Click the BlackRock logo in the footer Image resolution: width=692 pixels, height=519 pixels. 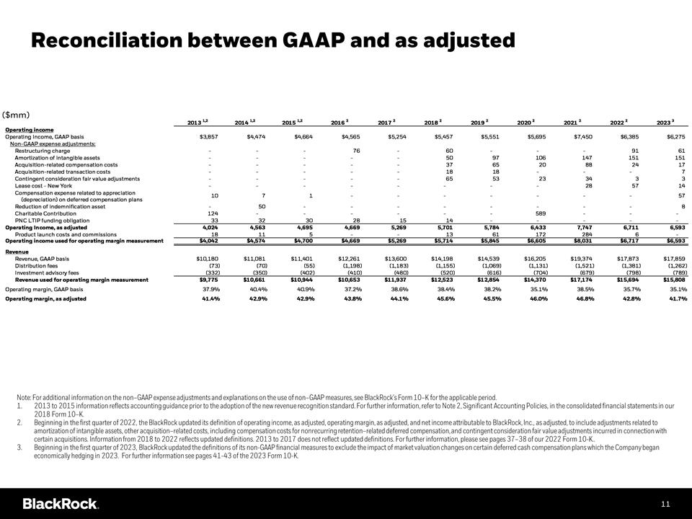click(x=61, y=503)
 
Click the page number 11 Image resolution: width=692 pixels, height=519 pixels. click(x=665, y=503)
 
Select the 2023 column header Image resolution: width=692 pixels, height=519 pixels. click(x=674, y=123)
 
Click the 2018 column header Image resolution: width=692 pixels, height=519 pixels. click(x=433, y=123)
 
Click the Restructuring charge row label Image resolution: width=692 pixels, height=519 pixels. click(x=42, y=151)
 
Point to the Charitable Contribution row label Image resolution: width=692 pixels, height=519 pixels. click(x=46, y=213)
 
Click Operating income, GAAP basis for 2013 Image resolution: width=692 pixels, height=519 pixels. click(x=208, y=136)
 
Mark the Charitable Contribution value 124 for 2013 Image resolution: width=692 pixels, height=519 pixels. click(x=213, y=213)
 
